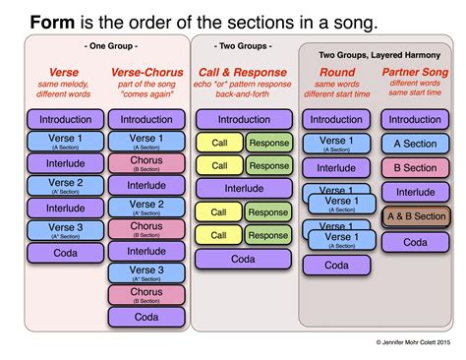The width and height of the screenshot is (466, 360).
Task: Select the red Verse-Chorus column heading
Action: pos(146,73)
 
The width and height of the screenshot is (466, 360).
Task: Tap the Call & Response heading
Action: pos(244,73)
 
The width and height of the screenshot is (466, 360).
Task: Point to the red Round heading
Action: pos(337,73)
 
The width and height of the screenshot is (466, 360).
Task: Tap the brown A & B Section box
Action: pos(417,216)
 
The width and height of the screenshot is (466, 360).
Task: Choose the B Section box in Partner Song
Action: pos(415,168)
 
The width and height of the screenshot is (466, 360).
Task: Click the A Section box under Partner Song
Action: pos(415,144)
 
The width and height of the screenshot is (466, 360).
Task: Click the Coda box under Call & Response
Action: pos(244,259)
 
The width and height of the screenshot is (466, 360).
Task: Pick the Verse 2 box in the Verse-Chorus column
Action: pos(146,208)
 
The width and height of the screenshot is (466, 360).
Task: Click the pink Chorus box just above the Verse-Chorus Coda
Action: pos(146,294)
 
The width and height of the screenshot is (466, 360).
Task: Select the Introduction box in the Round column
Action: pos(336,120)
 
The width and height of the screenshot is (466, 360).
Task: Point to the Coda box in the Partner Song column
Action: pos(415,241)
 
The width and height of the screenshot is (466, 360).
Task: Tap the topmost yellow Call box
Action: pos(219,143)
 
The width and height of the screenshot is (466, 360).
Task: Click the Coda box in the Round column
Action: pos(336,265)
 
